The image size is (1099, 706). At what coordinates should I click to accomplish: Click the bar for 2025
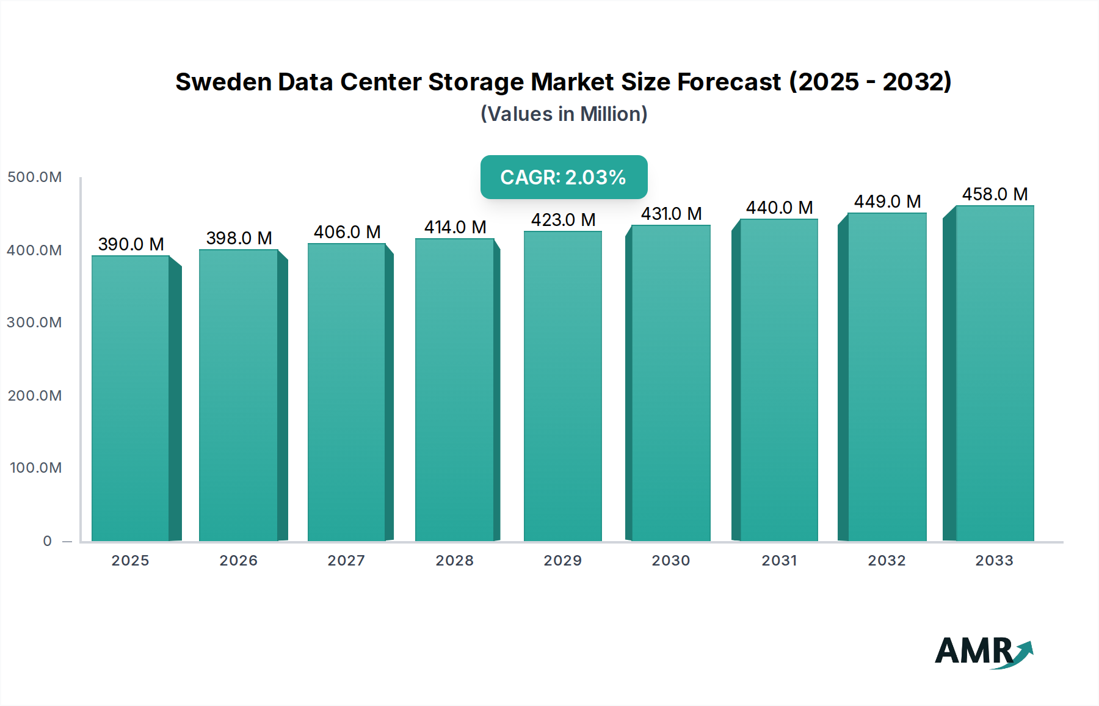click(x=131, y=398)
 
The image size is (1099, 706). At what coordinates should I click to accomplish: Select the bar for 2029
click(x=563, y=386)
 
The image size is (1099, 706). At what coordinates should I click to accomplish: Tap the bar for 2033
click(x=995, y=374)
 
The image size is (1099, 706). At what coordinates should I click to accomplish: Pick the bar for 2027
click(x=347, y=392)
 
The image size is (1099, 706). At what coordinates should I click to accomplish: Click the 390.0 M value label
click(x=131, y=244)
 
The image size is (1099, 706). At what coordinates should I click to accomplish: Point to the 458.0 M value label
click(x=995, y=194)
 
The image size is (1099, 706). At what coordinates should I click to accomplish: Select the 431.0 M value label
click(x=671, y=214)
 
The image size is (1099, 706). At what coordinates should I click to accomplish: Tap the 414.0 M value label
click(x=455, y=227)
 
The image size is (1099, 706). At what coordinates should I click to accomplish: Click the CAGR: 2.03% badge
click(x=564, y=177)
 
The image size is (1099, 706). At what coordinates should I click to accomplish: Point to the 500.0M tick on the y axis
click(x=35, y=177)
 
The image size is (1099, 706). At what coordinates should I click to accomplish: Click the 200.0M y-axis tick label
click(x=35, y=396)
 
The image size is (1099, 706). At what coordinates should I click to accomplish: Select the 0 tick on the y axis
click(x=48, y=541)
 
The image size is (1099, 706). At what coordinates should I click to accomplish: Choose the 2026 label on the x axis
click(x=239, y=561)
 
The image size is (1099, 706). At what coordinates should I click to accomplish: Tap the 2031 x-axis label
click(x=779, y=561)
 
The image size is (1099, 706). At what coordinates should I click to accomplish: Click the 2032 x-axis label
click(x=887, y=561)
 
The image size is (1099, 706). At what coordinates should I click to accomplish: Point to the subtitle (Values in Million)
click(x=564, y=114)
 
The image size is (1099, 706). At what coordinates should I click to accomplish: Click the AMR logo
click(x=983, y=652)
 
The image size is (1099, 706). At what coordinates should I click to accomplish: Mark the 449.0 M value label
click(x=887, y=202)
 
